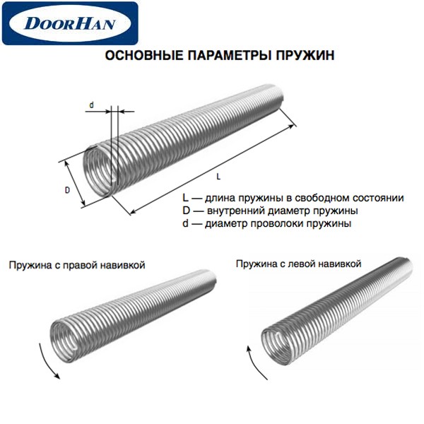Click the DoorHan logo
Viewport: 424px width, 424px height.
pyautogui.click(x=70, y=23)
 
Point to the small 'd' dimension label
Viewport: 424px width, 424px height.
pyautogui.click(x=92, y=105)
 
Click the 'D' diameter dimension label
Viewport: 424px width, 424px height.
pyautogui.click(x=67, y=190)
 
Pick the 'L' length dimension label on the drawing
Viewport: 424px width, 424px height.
pyautogui.click(x=218, y=177)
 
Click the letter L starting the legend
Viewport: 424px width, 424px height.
pyautogui.click(x=185, y=198)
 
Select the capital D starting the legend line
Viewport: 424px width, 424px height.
pyautogui.click(x=186, y=211)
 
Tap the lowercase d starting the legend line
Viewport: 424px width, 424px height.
pyautogui.click(x=185, y=223)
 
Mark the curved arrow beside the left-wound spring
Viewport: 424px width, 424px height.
pyautogui.click(x=254, y=362)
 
